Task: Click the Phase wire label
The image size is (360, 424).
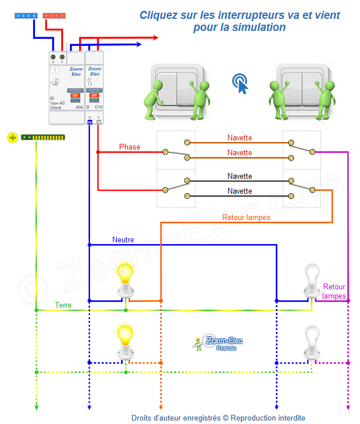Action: coord(130,147)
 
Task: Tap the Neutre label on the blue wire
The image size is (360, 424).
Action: coord(124,240)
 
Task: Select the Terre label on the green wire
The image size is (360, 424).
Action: coord(63,305)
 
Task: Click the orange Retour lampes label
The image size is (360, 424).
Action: coord(246,218)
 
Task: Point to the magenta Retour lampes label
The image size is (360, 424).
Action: coord(334,291)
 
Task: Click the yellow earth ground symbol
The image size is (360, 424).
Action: coord(12,138)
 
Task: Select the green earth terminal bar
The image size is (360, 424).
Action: coord(43,138)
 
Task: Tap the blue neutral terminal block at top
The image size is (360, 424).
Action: coord(26,15)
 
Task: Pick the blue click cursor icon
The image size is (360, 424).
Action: coord(241,84)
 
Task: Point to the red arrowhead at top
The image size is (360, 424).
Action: coord(154,38)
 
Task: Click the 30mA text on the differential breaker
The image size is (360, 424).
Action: coord(56,107)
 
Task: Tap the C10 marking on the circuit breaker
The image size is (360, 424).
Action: coord(98,107)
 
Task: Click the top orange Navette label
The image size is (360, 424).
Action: coord(239,138)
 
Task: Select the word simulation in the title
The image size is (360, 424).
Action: coord(257,28)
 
